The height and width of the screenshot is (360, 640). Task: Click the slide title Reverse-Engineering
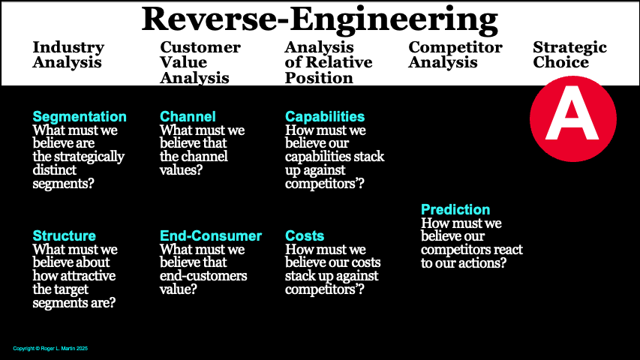320,18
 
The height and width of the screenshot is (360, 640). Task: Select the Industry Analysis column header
68,55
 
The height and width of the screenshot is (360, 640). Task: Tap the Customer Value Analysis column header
200,62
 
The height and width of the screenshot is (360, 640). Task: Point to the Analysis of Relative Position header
329,62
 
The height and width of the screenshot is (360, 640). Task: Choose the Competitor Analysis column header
455,55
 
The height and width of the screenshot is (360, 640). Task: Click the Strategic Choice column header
569,55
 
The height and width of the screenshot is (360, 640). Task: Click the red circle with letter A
572,118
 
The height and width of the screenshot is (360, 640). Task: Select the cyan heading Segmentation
80,117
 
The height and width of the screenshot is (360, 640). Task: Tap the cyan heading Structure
65,236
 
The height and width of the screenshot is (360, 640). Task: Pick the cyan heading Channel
188,117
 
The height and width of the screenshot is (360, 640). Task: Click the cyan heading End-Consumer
211,236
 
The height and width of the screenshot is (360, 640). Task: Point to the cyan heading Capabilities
325,117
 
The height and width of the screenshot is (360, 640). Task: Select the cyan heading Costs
305,236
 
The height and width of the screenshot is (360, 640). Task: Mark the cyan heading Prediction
455,210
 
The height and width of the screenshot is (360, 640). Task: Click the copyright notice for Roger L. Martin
51,349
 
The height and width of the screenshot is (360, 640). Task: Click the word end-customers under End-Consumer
203,276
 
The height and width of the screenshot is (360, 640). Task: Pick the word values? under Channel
180,170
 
